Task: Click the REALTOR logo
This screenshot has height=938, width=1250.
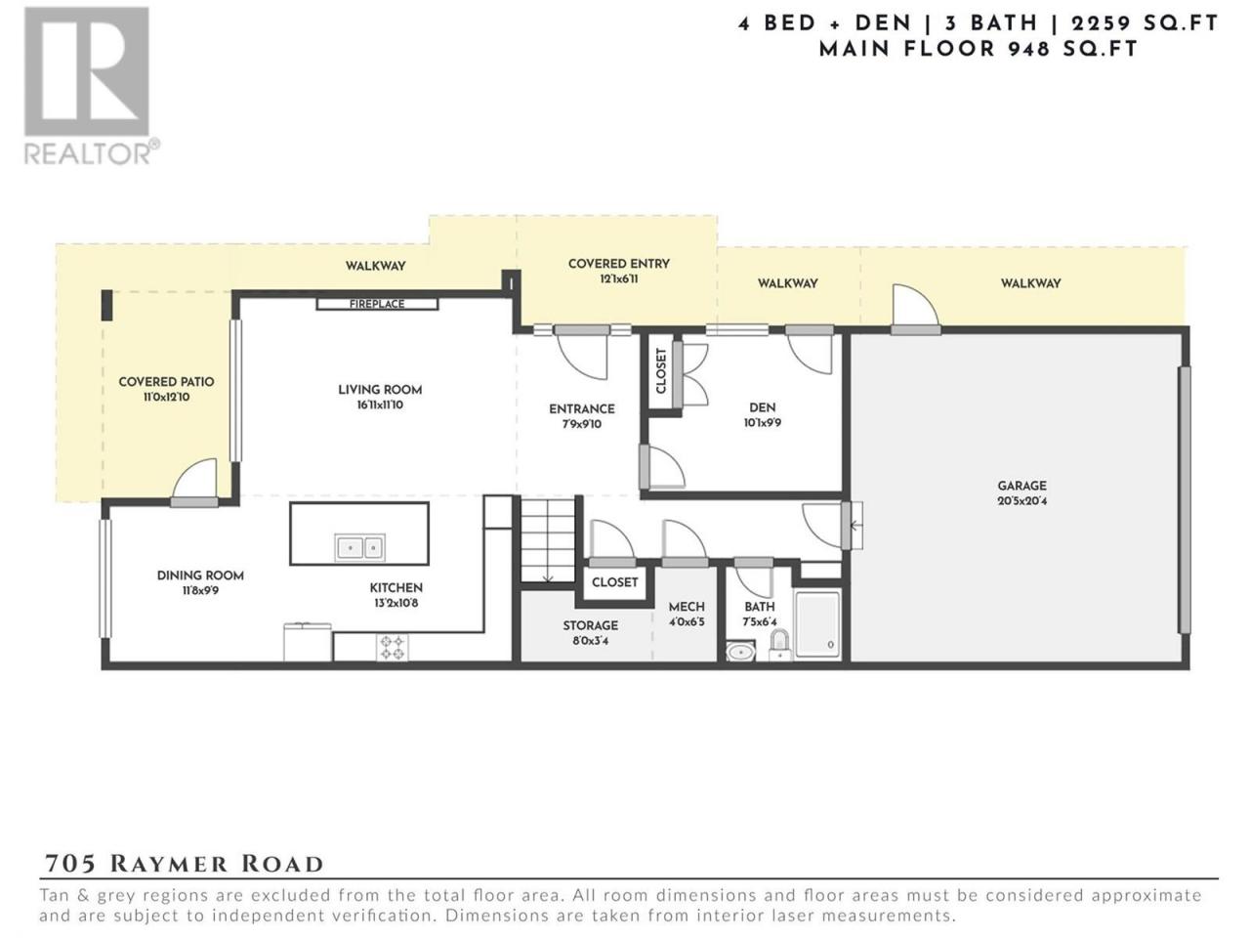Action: click(90, 85)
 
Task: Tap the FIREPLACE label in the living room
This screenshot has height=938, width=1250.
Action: click(377, 304)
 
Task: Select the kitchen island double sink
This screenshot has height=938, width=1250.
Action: click(360, 547)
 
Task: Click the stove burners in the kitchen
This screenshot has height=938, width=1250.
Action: click(392, 648)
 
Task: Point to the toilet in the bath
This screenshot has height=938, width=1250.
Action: click(779, 644)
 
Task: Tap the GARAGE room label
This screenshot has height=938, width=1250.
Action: click(1021, 486)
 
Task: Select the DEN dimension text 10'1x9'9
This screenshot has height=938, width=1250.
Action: click(762, 422)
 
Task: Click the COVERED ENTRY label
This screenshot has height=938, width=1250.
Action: click(618, 264)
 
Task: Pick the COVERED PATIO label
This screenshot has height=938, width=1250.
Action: click(166, 382)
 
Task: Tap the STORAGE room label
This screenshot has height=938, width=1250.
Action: click(591, 625)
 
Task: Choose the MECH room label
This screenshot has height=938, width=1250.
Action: click(687, 607)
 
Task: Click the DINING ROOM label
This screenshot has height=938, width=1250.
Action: click(200, 576)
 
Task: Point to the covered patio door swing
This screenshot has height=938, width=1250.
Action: click(194, 479)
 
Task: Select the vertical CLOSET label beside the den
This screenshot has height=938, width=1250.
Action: click(661, 370)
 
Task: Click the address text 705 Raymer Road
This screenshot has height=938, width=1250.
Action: click(184, 864)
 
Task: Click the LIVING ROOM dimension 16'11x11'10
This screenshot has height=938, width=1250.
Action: click(379, 405)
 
